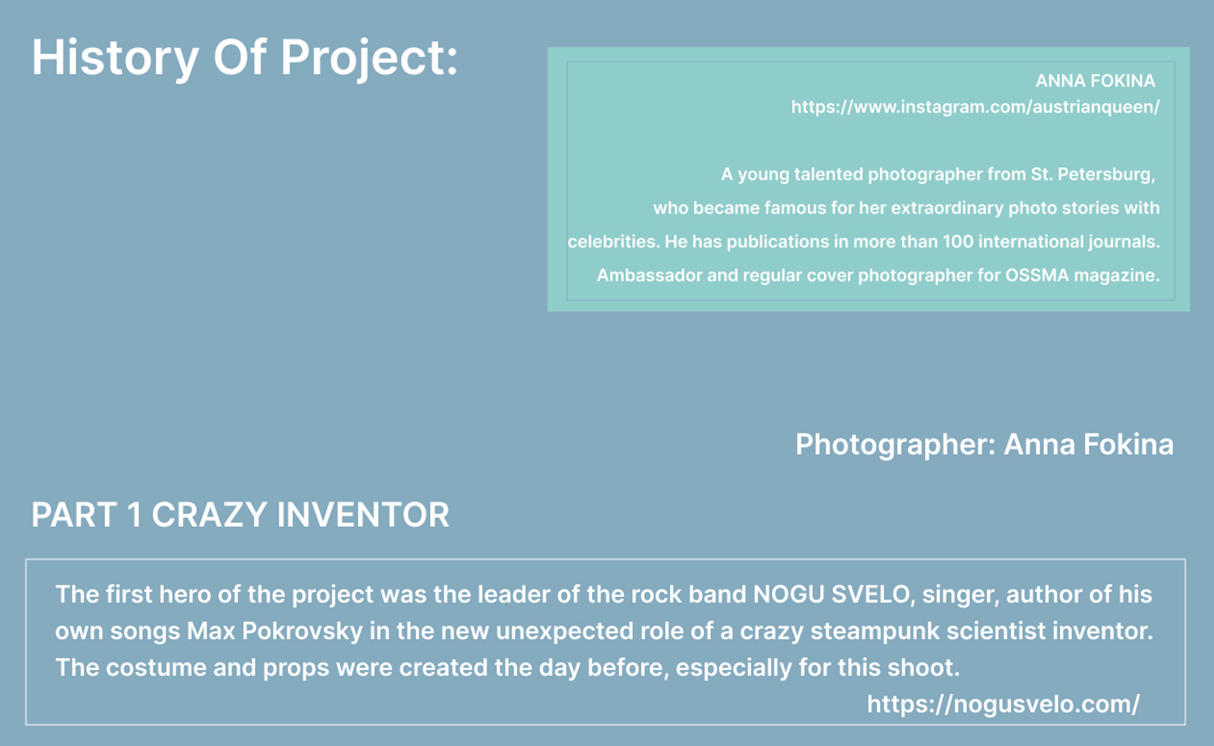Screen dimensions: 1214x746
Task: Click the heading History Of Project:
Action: coord(245,58)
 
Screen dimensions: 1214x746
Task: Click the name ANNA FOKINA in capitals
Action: coord(1095,81)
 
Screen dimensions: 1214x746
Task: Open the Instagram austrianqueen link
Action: coord(975,107)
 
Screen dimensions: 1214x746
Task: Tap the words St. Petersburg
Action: coord(1092,174)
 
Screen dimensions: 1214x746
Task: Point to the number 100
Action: coord(958,241)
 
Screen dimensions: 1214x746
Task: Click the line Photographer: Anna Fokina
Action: coord(984,444)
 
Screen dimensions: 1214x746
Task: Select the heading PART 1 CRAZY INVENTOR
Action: coord(240,514)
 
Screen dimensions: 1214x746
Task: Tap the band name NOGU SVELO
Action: coord(831,594)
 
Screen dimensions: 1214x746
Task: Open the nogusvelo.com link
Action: coord(1003,704)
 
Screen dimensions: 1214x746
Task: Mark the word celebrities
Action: coord(613,242)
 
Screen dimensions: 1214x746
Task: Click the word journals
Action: coord(1124,242)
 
